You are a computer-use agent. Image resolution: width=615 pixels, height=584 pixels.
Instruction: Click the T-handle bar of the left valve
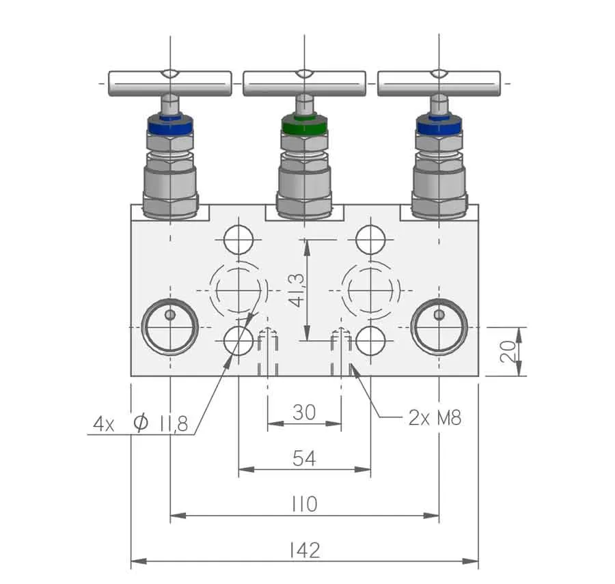(x=170, y=83)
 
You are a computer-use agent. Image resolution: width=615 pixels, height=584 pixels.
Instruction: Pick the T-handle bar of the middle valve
(x=304, y=83)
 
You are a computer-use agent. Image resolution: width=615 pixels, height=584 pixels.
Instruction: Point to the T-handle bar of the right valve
(x=439, y=83)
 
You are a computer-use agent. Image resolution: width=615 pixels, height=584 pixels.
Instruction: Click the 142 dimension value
(x=305, y=551)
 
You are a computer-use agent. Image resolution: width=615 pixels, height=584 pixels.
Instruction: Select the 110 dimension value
(x=305, y=504)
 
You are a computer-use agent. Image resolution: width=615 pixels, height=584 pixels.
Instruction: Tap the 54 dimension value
(x=304, y=458)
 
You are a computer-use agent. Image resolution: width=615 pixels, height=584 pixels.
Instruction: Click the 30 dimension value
(x=304, y=413)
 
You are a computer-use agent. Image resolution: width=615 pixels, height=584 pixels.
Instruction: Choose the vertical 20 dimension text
(x=508, y=352)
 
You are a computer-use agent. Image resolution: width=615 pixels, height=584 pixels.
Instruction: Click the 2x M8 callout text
(x=435, y=418)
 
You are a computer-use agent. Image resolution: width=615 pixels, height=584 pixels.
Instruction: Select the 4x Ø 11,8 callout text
(x=140, y=423)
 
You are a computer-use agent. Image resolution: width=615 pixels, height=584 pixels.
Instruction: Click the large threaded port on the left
(x=170, y=327)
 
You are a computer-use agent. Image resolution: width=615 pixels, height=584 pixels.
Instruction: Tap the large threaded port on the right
(x=439, y=327)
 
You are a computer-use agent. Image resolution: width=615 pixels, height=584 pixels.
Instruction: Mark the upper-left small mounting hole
(x=238, y=239)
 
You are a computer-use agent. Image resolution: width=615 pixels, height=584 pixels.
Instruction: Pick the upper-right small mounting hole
(x=370, y=239)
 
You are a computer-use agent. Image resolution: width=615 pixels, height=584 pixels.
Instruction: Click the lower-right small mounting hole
(x=370, y=341)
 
